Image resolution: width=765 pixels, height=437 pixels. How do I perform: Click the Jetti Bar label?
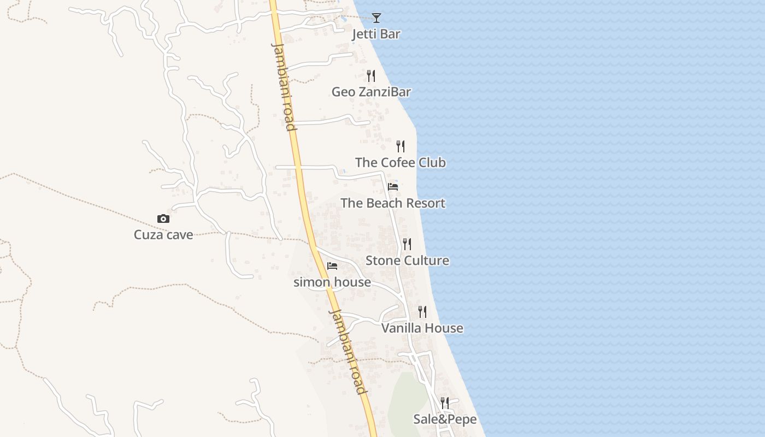(x=376, y=34)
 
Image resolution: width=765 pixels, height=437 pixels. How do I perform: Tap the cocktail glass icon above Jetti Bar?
(x=376, y=18)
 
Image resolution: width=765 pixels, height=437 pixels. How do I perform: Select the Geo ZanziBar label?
(x=371, y=92)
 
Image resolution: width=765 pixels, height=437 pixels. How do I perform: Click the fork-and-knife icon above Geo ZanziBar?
(x=371, y=75)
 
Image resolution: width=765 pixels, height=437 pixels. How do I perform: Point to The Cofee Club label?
(x=401, y=163)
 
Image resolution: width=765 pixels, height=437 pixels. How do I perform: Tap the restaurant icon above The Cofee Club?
(x=401, y=146)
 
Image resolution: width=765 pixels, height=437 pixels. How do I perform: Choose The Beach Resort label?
(x=393, y=203)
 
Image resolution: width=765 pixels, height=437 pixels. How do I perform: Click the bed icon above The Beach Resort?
(x=393, y=187)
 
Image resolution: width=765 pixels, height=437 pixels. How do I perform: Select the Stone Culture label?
(x=407, y=261)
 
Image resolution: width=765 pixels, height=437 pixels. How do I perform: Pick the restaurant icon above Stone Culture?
(x=407, y=244)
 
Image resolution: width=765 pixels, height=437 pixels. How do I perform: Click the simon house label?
(x=332, y=282)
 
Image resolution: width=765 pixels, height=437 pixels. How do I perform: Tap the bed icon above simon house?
(x=332, y=266)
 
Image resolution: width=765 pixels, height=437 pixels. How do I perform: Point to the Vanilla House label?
(x=422, y=328)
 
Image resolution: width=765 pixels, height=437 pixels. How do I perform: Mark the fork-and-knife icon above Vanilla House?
(x=422, y=311)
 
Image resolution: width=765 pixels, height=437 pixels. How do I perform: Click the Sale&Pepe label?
(x=445, y=420)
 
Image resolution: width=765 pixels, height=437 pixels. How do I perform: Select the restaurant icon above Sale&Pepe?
(x=445, y=403)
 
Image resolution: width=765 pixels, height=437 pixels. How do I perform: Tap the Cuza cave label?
(x=163, y=235)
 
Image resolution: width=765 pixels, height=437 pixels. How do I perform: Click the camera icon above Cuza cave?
(x=163, y=218)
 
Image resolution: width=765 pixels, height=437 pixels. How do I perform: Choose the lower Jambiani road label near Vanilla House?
(x=348, y=351)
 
